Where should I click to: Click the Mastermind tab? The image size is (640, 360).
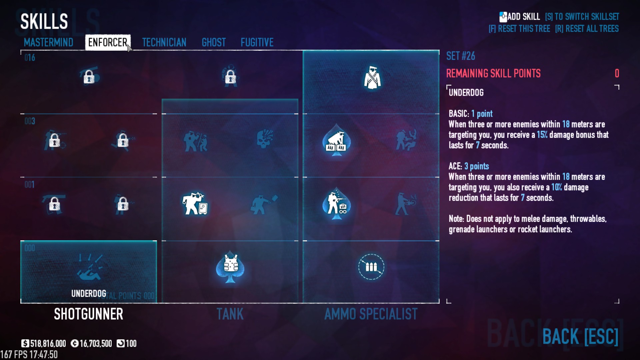(x=48, y=42)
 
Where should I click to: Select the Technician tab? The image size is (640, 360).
(x=164, y=42)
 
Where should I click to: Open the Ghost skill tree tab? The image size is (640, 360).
(x=214, y=42)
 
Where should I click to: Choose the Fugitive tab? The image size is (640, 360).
(x=257, y=42)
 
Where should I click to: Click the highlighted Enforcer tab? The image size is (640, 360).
(x=108, y=42)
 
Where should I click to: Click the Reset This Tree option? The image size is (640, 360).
(x=519, y=29)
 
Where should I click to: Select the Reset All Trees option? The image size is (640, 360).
(x=587, y=29)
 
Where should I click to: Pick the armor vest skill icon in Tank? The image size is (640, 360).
(x=230, y=267)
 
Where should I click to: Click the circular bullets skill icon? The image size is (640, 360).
(x=371, y=267)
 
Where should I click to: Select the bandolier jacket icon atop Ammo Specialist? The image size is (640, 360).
(x=372, y=78)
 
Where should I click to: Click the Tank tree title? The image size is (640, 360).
(x=230, y=314)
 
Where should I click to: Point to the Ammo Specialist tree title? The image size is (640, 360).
(x=371, y=314)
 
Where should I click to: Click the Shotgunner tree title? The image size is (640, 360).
(x=89, y=314)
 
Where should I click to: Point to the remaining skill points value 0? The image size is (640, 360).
(x=617, y=73)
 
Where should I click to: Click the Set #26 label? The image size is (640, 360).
(x=460, y=56)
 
